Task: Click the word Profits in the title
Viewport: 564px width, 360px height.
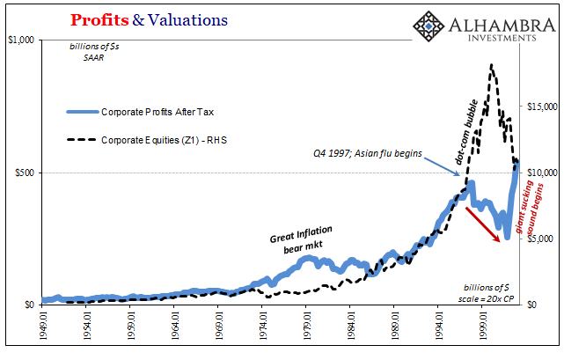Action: pyautogui.click(x=99, y=18)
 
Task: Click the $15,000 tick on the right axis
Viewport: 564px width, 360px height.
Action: pyautogui.click(x=540, y=107)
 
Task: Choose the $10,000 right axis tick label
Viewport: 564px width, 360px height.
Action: pyautogui.click(x=540, y=173)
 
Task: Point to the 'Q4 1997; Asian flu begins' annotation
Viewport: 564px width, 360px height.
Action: pyautogui.click(x=368, y=153)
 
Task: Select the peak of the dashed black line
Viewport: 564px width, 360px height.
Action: pyautogui.click(x=490, y=65)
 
